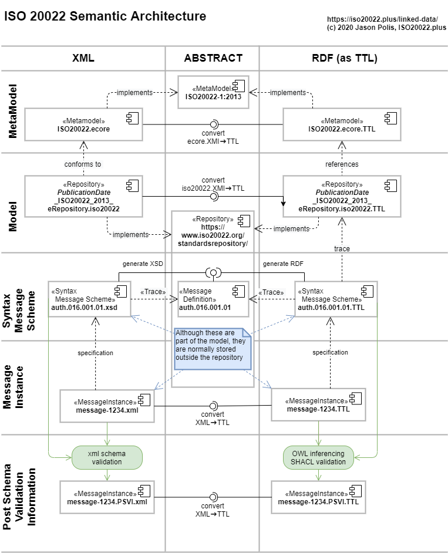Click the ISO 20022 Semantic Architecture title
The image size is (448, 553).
(x=105, y=16)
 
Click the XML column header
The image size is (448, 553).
(x=83, y=58)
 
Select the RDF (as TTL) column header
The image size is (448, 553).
(x=343, y=58)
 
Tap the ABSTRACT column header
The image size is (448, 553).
(x=213, y=58)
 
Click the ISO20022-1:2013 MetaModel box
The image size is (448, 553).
(x=213, y=92)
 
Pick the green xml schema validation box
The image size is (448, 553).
(x=107, y=457)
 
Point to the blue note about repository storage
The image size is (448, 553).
(x=212, y=349)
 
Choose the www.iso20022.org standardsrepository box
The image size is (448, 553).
(x=212, y=231)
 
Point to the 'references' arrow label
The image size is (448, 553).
(x=341, y=164)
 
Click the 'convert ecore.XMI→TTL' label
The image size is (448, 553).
(x=213, y=137)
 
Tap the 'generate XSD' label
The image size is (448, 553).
(x=142, y=263)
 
